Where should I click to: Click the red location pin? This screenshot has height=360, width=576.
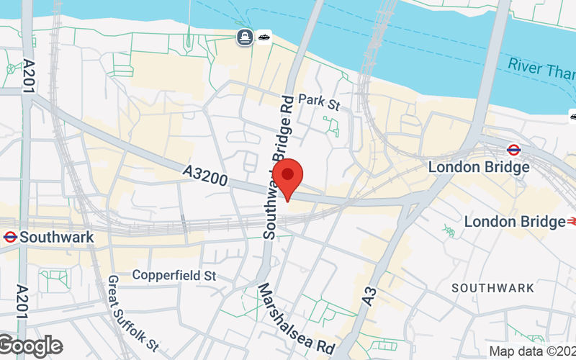288,177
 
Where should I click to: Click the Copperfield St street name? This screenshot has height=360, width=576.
174,276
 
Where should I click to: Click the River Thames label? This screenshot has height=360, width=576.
541,66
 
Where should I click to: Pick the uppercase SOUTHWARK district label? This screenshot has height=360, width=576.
493,288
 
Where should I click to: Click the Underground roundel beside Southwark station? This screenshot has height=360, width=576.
10,236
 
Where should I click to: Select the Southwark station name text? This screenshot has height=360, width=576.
57,236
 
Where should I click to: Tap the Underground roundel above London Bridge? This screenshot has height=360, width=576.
513,150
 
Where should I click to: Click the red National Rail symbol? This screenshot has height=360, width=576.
572,221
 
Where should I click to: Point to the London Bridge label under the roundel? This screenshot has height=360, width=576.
479,167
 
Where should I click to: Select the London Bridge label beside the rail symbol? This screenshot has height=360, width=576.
514,221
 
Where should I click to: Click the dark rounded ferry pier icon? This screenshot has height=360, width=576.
246,37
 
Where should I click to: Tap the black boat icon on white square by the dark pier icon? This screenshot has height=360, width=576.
264,37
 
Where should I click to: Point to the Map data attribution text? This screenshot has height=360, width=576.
532,351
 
